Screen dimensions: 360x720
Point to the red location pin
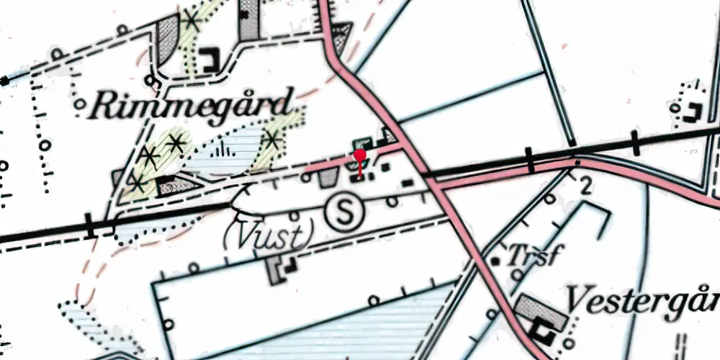(x=360, y=156)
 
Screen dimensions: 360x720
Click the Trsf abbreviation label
(x=533, y=256)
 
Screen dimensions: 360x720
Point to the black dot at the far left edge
(x=5, y=81)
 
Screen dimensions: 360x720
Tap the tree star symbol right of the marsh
(x=271, y=140)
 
